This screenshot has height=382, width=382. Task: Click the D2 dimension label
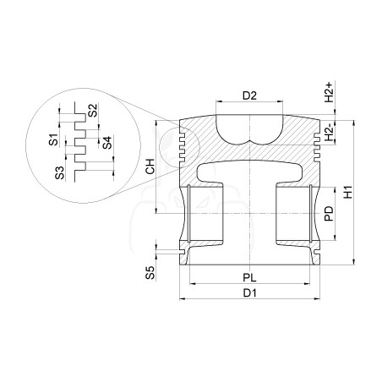250,95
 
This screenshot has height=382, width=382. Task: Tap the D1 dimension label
250,293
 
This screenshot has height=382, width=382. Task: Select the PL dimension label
250,278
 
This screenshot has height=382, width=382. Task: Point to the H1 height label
348,192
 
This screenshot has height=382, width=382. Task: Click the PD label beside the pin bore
329,214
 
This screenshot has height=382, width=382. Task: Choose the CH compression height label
150,166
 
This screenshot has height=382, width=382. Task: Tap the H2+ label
329,92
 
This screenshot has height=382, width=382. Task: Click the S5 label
150,272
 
